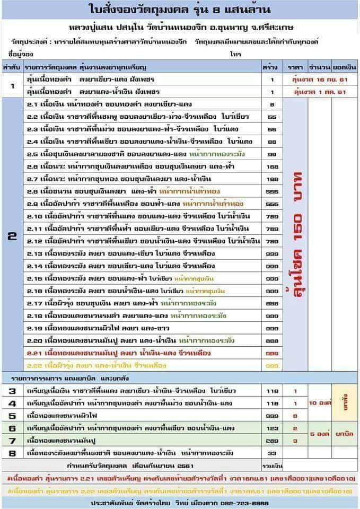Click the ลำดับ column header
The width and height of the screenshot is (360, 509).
pos(11,67)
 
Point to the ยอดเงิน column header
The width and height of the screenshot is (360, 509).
pos(345,67)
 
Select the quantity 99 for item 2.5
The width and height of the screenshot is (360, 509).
pos(271,153)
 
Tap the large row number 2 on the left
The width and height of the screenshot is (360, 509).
pos(12,236)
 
